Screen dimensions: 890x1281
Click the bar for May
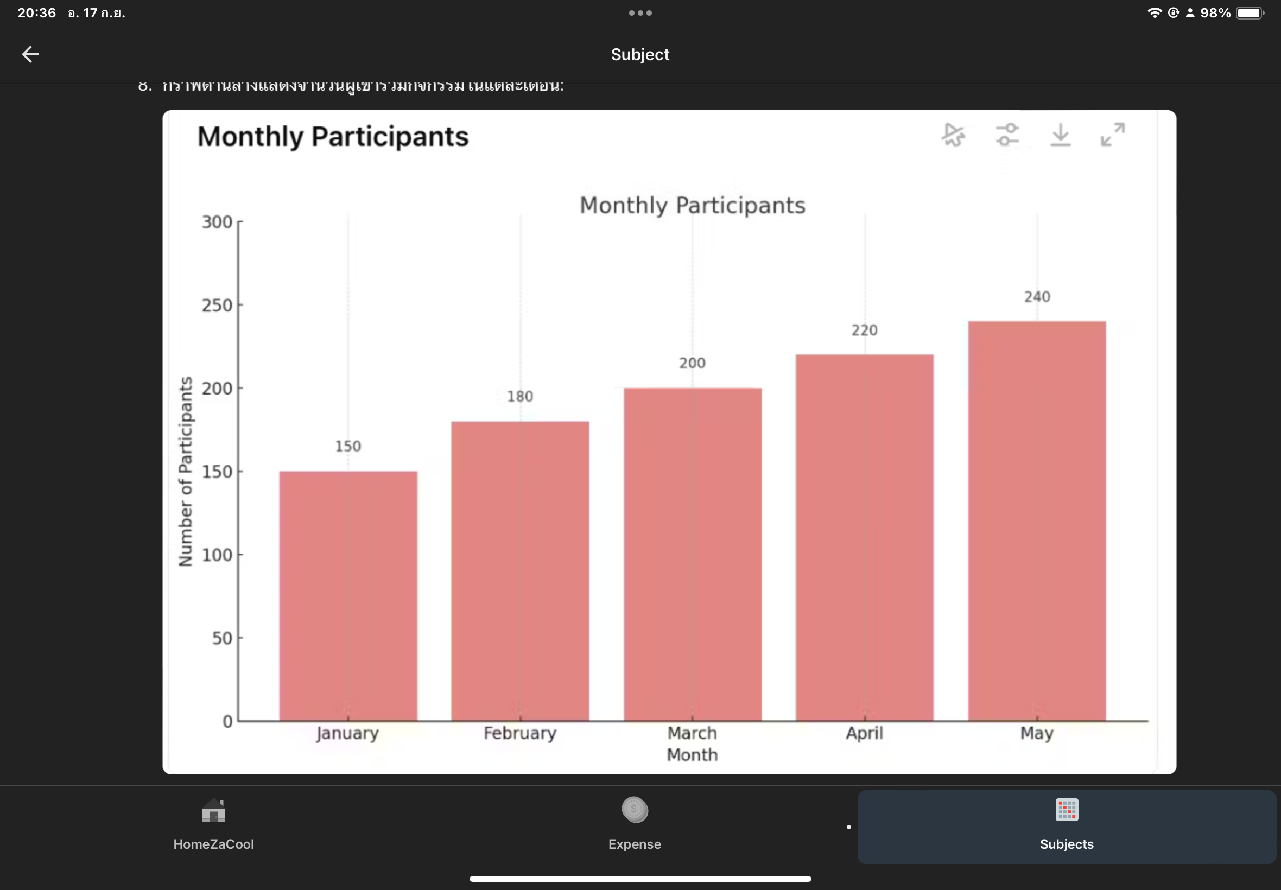pyautogui.click(x=1036, y=521)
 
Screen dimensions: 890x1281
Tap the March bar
pyautogui.click(x=692, y=554)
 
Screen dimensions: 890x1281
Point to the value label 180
pyautogui.click(x=520, y=397)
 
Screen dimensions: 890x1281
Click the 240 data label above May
pyautogui.click(x=1037, y=297)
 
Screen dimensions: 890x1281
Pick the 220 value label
pyautogui.click(x=865, y=330)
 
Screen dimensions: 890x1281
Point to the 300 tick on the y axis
pyautogui.click(x=217, y=222)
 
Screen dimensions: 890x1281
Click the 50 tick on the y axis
pyautogui.click(x=222, y=638)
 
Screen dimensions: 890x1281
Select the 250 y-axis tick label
pyautogui.click(x=217, y=305)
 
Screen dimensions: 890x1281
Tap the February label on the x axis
pyautogui.click(x=520, y=733)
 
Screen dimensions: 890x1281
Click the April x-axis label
pyautogui.click(x=865, y=733)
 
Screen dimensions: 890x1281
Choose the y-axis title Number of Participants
pyautogui.click(x=185, y=471)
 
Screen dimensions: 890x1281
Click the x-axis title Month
pyautogui.click(x=692, y=754)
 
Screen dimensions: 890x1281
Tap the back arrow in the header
pyautogui.click(x=30, y=54)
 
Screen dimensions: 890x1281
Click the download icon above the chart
pyautogui.click(x=1060, y=135)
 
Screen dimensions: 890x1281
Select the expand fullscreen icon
pyautogui.click(x=1113, y=135)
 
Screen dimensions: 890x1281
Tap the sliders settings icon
pyautogui.click(x=1007, y=135)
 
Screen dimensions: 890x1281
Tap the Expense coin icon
pyautogui.click(x=635, y=810)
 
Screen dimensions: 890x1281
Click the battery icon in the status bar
pyautogui.click(x=1249, y=13)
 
